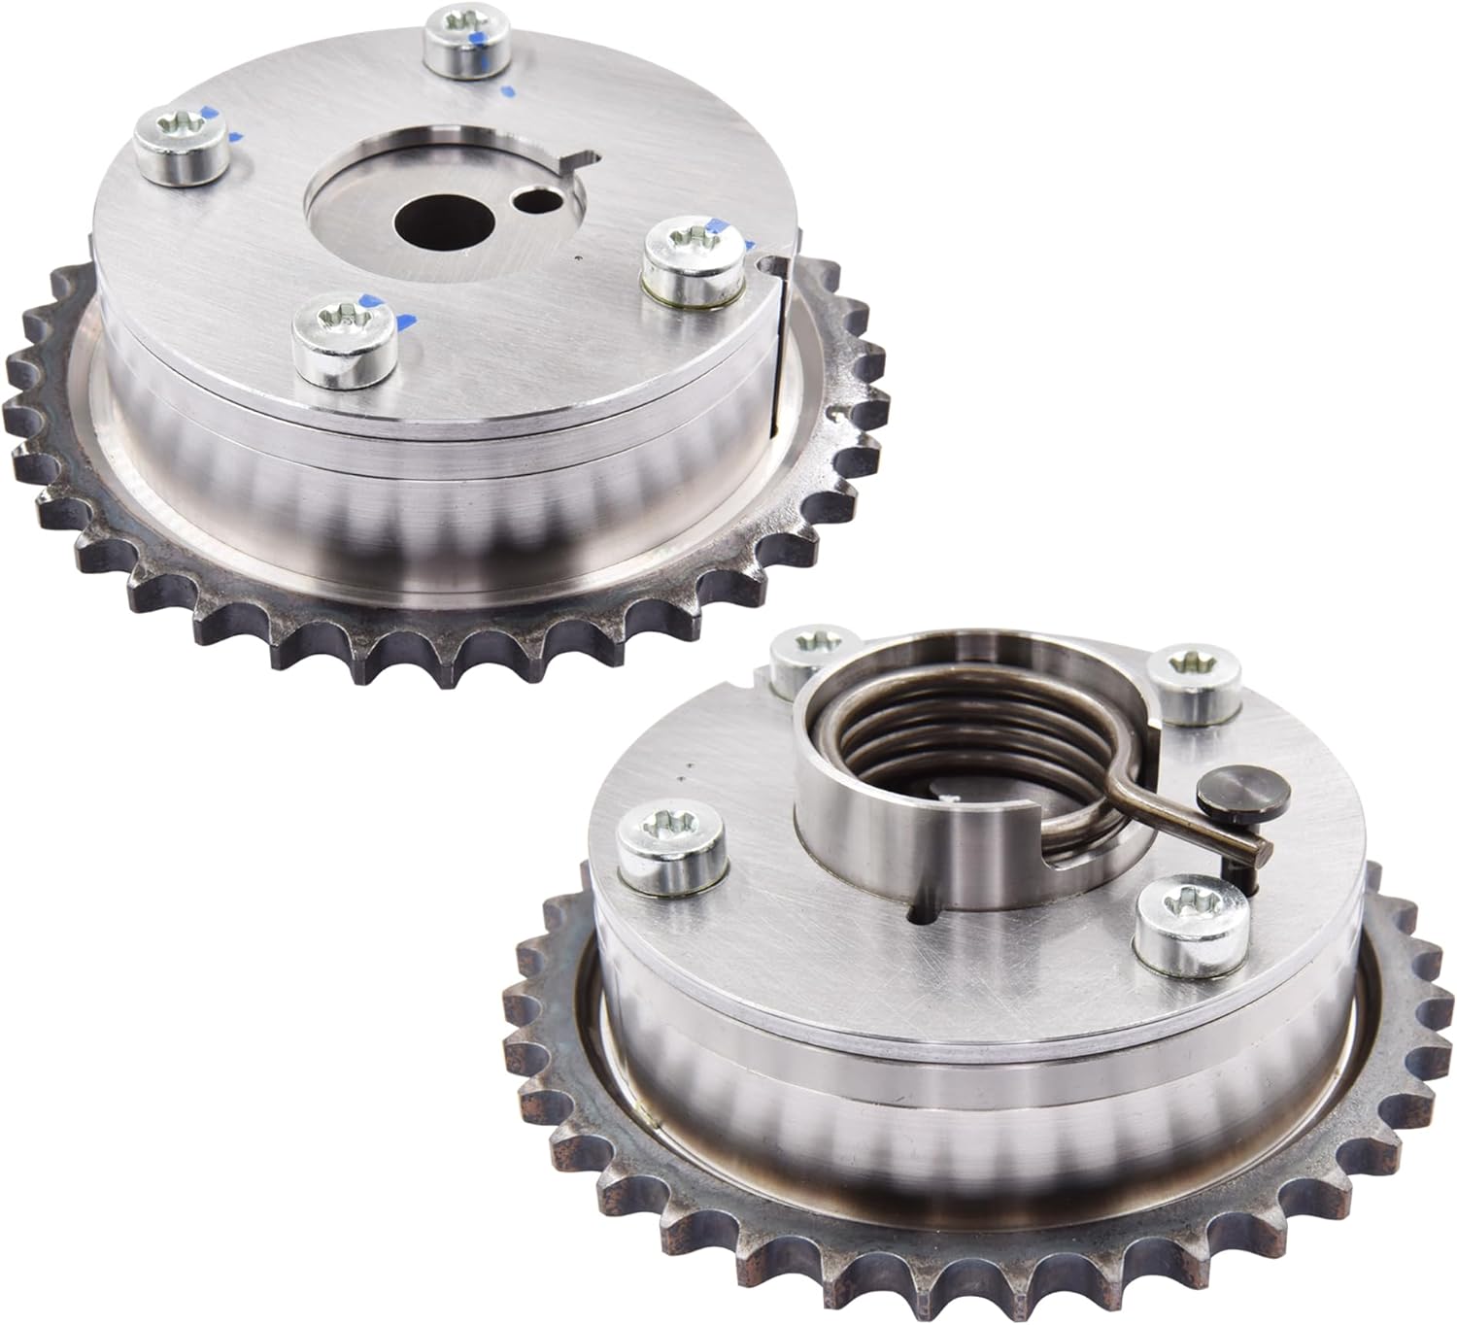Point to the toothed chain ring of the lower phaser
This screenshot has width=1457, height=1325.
point(680,1205)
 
